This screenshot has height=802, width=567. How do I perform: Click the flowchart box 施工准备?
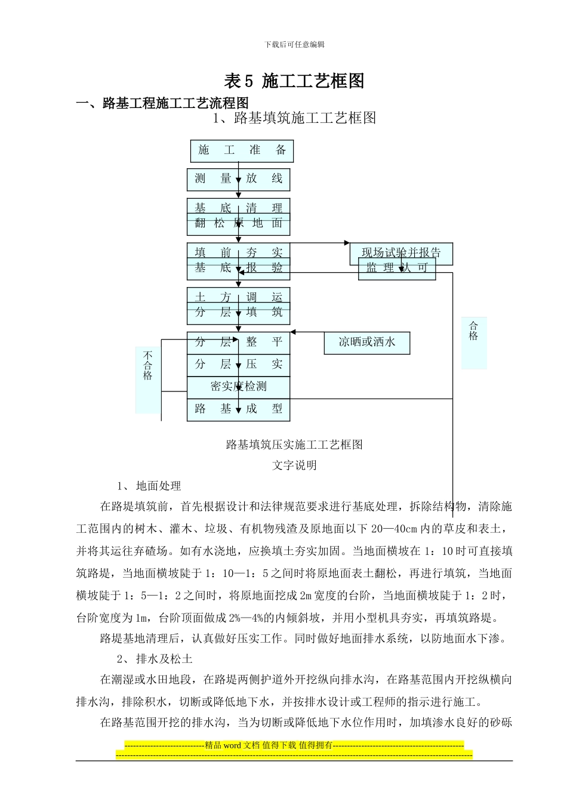click(x=242, y=150)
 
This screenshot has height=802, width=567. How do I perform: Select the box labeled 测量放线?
click(x=238, y=178)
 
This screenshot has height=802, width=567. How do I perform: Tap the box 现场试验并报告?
click(x=401, y=252)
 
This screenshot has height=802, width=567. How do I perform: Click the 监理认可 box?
click(x=397, y=268)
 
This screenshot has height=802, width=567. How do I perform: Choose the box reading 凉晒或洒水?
click(x=366, y=343)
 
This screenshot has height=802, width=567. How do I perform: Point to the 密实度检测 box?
click(x=238, y=387)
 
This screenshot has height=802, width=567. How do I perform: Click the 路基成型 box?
click(x=238, y=409)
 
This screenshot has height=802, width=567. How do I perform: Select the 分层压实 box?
click(x=238, y=365)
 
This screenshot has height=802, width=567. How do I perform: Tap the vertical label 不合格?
click(x=147, y=365)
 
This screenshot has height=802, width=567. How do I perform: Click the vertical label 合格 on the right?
click(x=473, y=331)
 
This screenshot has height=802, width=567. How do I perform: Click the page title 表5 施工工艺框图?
click(x=294, y=81)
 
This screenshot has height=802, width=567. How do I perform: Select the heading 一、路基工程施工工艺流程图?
click(x=162, y=103)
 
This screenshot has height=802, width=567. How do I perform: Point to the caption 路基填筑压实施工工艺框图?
click(x=294, y=445)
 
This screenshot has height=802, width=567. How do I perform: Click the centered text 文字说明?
click(x=294, y=465)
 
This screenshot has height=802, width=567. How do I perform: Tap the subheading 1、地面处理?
click(x=149, y=486)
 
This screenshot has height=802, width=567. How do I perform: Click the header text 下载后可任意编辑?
click(x=294, y=44)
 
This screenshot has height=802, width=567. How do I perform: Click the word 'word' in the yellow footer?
click(x=232, y=745)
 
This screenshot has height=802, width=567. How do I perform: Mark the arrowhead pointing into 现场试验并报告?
click(x=347, y=243)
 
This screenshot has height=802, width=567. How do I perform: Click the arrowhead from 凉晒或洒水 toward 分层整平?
click(x=294, y=332)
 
